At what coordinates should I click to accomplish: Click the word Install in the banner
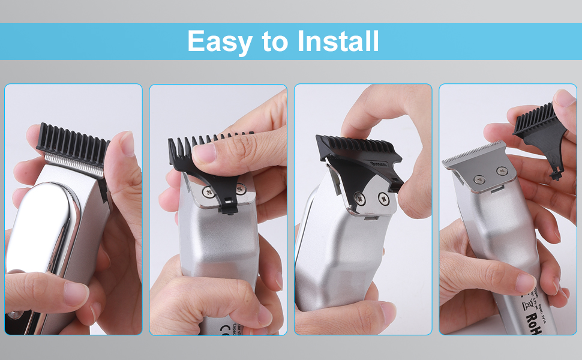[x=338, y=41]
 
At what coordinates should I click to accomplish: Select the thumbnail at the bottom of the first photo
[x=75, y=294]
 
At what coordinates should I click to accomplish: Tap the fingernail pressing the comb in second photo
[x=205, y=153]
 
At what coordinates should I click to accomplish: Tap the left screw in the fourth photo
[x=478, y=178]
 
